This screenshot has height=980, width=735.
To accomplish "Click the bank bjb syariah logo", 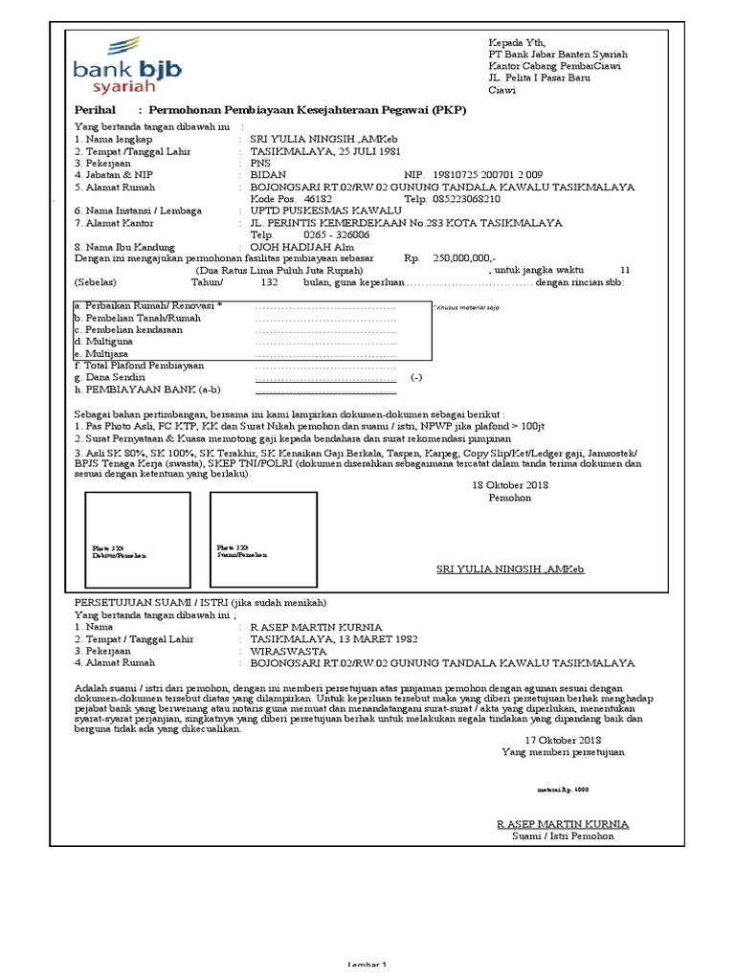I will click(126, 65).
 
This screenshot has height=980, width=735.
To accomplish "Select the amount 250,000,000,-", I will click(464, 258).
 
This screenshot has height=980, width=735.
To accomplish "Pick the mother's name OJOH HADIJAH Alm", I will click(301, 247).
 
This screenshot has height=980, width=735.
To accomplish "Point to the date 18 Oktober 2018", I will click(510, 485).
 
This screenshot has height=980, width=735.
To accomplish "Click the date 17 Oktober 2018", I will click(563, 740).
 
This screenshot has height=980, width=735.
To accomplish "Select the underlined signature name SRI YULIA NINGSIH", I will click(510, 569).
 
